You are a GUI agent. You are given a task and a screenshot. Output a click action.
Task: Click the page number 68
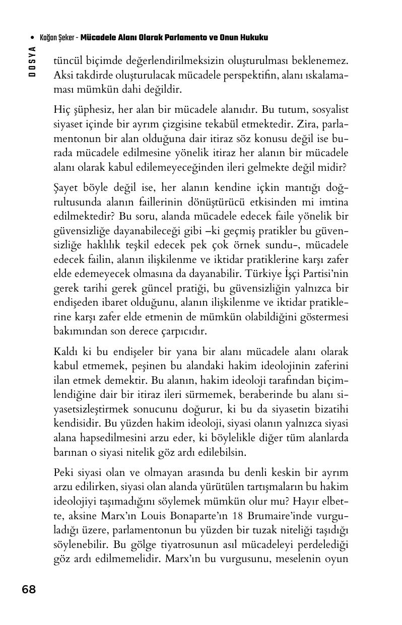pos(29,589)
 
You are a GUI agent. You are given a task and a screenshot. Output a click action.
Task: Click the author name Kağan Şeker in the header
pos(57,38)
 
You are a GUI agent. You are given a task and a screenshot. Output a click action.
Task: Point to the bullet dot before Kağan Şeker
pos(32,38)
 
